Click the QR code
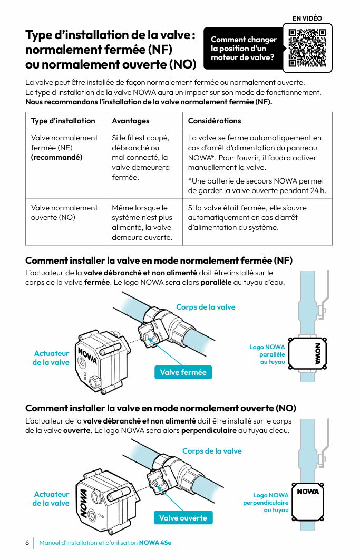coord(307,48)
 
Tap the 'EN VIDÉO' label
coord(307,18)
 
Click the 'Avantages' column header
coord(131,121)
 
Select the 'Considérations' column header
coord(215,121)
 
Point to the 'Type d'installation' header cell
coord(63,121)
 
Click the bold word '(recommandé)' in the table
coord(56,157)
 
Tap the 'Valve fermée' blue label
coord(183,372)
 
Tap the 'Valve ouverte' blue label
coord(183,518)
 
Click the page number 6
coord(27,543)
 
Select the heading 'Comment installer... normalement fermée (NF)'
coord(159,261)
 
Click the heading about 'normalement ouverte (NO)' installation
coord(161,408)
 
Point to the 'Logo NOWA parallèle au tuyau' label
coord(267,354)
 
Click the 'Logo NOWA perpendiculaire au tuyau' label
coord(266,503)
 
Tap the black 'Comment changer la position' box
coord(244,49)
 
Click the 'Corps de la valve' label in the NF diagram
coord(206,307)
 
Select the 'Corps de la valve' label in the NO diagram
coord(212,451)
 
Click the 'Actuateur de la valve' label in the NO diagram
coord(51,498)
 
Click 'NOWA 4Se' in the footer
coord(155,543)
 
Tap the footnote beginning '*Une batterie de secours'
coord(256,186)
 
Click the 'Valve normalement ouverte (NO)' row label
coord(64,213)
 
